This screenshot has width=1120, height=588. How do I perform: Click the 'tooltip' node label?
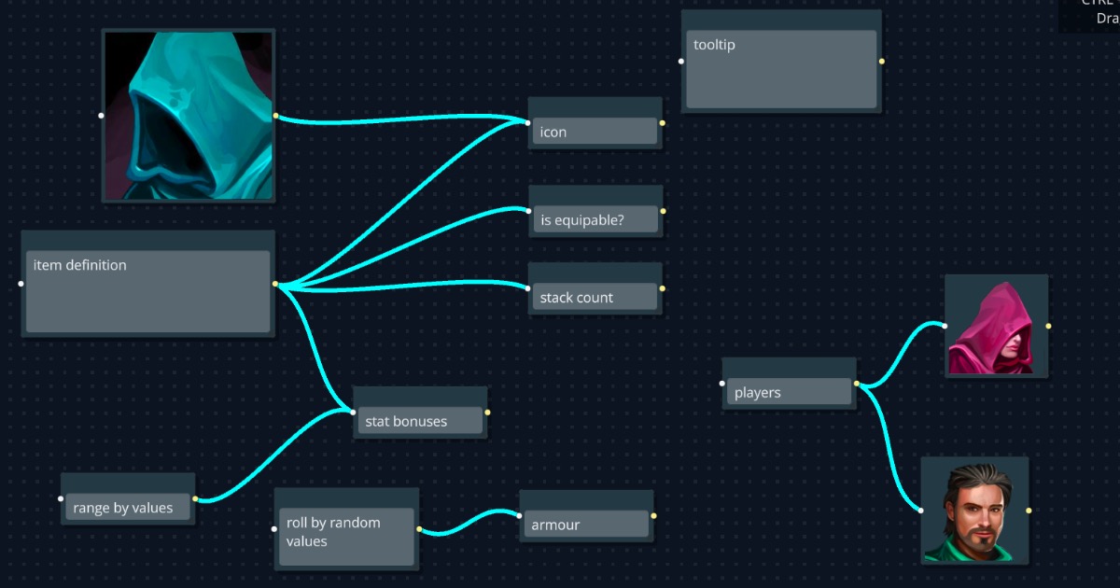coord(714,45)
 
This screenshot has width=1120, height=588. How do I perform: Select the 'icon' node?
coord(595,132)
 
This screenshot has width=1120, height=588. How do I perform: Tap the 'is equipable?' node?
coord(595,220)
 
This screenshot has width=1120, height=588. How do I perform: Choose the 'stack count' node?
coord(595,298)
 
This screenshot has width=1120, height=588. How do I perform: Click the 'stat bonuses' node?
coord(419,421)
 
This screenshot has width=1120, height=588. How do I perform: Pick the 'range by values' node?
coord(128,508)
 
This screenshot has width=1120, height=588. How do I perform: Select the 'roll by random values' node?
coord(346,532)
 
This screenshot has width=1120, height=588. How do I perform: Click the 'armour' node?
coord(584,525)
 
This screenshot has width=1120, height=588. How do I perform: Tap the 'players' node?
coord(789,392)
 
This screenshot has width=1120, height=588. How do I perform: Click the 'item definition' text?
coord(80,265)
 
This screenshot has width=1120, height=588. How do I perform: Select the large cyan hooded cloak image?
coord(189,115)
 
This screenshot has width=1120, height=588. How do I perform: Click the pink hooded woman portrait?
coord(996,326)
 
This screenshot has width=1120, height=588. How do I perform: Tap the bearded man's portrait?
coord(974,510)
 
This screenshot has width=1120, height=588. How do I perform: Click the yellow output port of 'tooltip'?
coord(882,62)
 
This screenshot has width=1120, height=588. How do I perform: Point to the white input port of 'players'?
coord(722,383)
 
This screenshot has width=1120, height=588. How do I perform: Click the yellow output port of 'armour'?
coord(653,515)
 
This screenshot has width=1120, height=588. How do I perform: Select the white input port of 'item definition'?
coord(21,283)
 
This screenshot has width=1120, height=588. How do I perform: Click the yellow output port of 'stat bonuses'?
coord(487,412)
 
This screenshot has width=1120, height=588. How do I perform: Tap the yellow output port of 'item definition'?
coord(275,284)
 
